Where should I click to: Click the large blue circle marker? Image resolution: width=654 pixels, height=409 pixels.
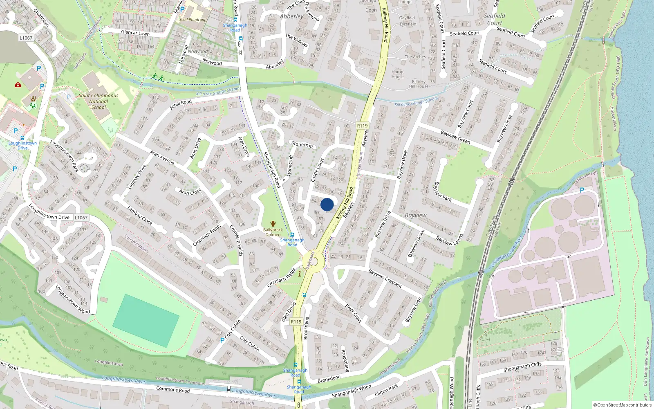[x=327, y=204]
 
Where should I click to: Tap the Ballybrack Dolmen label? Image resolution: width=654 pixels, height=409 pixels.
[x=273, y=232]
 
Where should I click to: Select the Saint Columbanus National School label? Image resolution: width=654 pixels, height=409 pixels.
[x=98, y=101]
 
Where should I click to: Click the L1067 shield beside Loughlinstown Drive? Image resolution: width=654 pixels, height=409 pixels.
[x=81, y=218]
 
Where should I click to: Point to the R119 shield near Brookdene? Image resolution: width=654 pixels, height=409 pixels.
[x=296, y=321]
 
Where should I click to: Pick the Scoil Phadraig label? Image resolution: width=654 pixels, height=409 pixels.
[x=192, y=19]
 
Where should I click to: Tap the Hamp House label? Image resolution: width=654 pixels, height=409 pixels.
[x=397, y=74]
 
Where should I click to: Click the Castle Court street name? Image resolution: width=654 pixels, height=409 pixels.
[x=317, y=170]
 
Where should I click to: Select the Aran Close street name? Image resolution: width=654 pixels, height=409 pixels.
[x=190, y=191]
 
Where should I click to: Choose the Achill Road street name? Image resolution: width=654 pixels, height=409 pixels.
[x=181, y=105]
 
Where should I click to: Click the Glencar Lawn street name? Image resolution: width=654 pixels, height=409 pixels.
[x=135, y=33]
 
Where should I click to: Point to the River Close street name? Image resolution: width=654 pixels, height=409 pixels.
[x=354, y=313]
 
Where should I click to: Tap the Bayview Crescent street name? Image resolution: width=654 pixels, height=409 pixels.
[x=385, y=278]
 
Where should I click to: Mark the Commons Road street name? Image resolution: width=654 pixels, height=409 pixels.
[x=173, y=389]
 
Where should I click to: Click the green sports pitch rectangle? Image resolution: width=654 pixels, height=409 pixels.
[x=146, y=321]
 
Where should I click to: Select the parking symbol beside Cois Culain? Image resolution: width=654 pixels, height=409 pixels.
[x=222, y=340]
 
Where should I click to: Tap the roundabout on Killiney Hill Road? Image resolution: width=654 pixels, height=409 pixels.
[x=314, y=261]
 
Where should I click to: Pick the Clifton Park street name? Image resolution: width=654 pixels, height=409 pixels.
[x=386, y=391]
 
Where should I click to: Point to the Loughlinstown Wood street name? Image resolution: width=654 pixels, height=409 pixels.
[x=72, y=299]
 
